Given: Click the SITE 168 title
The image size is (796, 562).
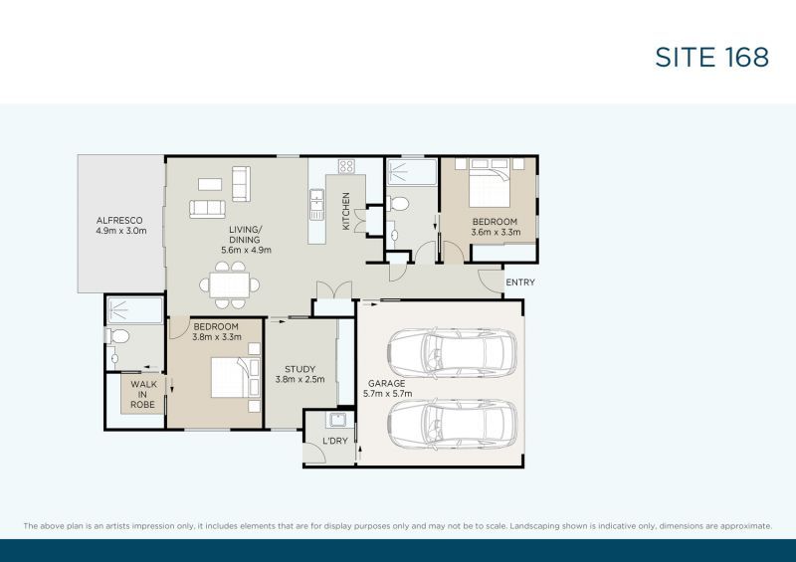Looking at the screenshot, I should click(711, 57).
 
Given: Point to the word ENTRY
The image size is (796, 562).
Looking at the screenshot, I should click(520, 282).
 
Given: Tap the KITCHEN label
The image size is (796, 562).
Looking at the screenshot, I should click(346, 211).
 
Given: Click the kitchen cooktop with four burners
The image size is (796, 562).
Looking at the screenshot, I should click(346, 167).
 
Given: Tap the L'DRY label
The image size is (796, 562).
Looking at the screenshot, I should click(334, 442).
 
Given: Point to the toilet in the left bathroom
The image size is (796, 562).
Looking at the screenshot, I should click(116, 336).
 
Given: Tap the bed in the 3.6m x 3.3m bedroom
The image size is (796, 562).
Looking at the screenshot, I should click(490, 182).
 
